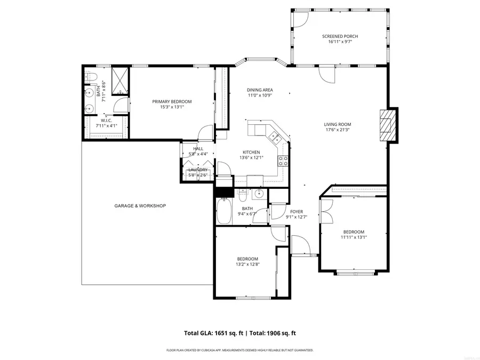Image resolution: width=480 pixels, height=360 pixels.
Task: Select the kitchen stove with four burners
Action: pyautogui.click(x=284, y=161)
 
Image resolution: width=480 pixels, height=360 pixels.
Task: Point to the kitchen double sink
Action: pyautogui.click(x=276, y=138)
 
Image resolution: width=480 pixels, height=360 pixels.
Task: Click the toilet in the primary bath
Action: pyautogui.click(x=89, y=75)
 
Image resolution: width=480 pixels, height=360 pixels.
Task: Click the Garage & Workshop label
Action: pyautogui.click(x=140, y=206)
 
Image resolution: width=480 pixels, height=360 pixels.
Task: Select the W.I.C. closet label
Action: pyautogui.click(x=106, y=121)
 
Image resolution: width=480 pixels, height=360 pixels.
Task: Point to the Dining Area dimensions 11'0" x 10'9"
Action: pyautogui.click(x=260, y=96)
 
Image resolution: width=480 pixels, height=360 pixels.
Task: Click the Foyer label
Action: pyautogui.click(x=297, y=212)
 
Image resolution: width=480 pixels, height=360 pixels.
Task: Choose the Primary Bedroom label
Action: pyautogui.click(x=172, y=101)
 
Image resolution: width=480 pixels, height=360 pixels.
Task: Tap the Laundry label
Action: pyautogui.click(x=198, y=170)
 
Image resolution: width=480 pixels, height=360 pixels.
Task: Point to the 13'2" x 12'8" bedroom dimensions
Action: pyautogui.click(x=247, y=264)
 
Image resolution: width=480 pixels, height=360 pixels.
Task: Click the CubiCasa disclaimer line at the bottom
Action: pyautogui.click(x=240, y=350)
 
